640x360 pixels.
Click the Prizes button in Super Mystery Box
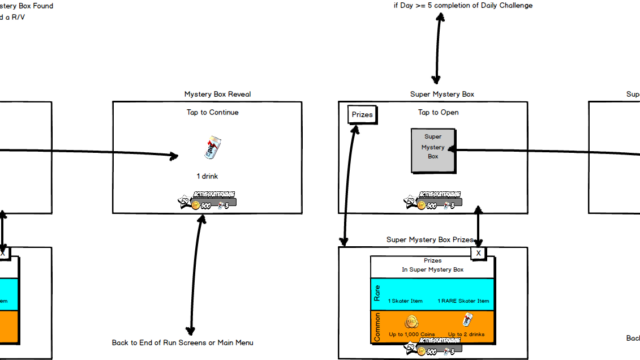361,116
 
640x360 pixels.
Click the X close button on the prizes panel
478,253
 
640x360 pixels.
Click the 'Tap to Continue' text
211,112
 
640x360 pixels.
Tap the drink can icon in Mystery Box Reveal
210,150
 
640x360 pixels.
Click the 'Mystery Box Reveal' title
217,94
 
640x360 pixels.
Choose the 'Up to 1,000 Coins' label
411,332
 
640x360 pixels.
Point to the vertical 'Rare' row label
377,293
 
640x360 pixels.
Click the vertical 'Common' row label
377,326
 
